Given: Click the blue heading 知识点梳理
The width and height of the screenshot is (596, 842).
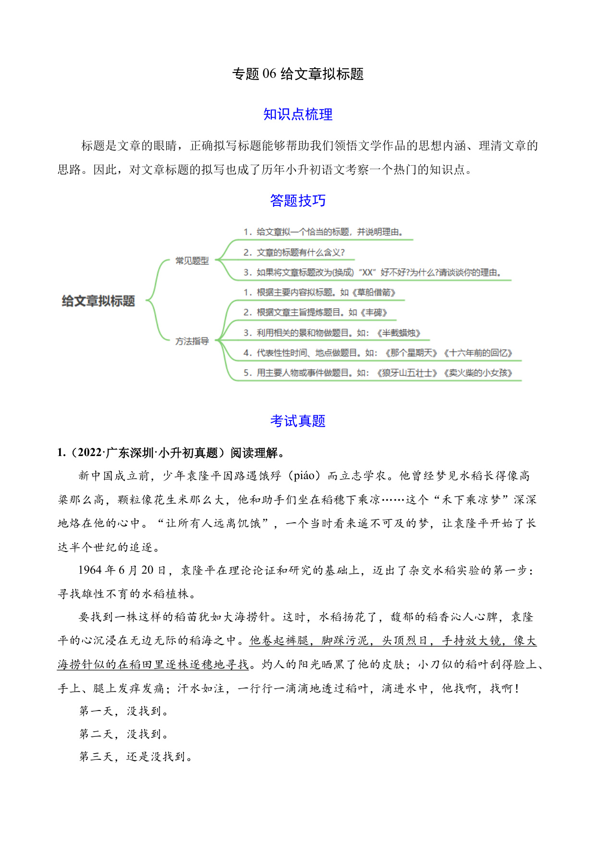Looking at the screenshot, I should (298, 114).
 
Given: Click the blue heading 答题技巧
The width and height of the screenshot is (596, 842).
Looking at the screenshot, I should (298, 200).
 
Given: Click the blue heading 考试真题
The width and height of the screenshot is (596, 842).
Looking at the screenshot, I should (298, 421).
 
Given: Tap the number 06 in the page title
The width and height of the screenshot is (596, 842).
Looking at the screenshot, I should (269, 74).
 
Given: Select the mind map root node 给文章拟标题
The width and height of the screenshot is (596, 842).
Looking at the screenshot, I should (98, 301).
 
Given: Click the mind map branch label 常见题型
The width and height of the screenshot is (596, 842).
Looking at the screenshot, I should (192, 261).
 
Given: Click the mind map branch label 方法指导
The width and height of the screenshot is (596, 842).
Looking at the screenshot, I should (192, 341).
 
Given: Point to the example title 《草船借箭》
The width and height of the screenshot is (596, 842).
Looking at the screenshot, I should (374, 292).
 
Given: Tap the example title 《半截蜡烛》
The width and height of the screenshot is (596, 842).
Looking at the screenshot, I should (399, 333).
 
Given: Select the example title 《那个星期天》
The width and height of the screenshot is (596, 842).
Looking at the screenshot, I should (412, 353).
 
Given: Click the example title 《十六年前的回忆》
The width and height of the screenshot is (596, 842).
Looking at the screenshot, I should (478, 353).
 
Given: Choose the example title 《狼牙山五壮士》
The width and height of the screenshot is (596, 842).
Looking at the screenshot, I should (407, 373).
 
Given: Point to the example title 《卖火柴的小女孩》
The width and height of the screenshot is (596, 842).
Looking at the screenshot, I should (478, 373).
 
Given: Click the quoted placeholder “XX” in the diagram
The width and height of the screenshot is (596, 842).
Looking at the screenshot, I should (367, 273).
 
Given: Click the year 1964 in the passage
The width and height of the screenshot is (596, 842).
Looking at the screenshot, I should (90, 570).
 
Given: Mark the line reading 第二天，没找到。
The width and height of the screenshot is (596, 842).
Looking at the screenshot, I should (123, 734).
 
